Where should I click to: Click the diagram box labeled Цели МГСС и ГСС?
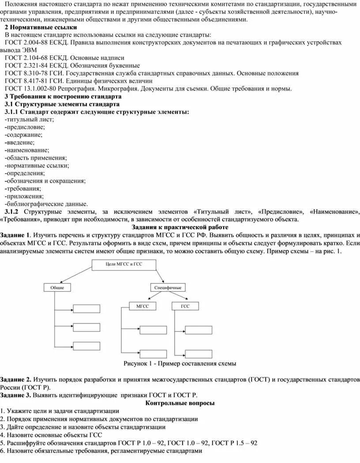[119, 265]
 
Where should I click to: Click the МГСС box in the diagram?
[142, 305]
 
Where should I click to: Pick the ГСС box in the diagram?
[185, 305]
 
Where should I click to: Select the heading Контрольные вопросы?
[180, 403]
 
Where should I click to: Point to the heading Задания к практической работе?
[180, 227]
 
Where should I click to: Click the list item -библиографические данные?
[46, 203]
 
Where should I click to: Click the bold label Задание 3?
[15, 395]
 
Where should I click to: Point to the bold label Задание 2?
[15, 380]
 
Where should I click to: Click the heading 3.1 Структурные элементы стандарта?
[62, 104]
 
